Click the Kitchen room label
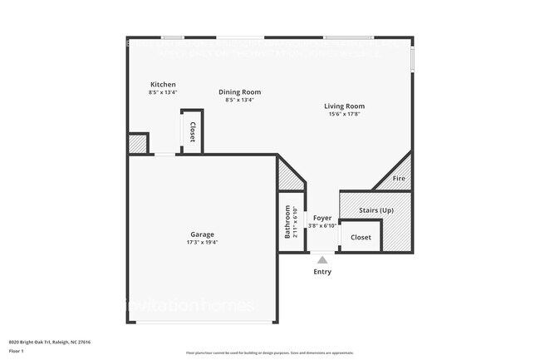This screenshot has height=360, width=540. click(163, 85)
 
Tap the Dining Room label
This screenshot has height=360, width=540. click(239, 91)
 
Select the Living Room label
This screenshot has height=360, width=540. click(345, 106)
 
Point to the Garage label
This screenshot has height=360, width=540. click(203, 234)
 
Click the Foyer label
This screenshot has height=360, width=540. click(322, 218)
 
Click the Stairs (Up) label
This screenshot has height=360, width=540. click(376, 210)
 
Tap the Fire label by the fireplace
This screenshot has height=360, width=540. click(399, 179)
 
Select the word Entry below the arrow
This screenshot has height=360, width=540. click(322, 272)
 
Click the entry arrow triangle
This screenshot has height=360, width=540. click(322, 259)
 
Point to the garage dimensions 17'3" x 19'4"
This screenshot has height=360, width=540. click(203, 243)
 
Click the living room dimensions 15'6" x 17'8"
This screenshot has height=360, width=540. click(345, 115)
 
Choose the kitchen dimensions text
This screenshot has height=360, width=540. click(163, 92)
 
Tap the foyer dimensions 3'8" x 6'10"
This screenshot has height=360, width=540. click(322, 225)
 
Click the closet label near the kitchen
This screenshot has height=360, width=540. click(192, 131)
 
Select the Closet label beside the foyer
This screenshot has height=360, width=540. click(361, 237)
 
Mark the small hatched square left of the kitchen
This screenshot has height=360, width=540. click(137, 144)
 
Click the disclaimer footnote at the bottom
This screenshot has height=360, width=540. click(269, 353)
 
